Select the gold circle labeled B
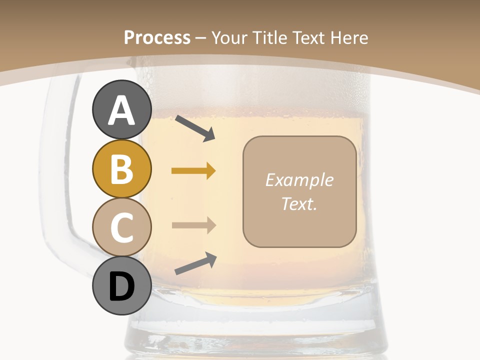[x=121, y=168]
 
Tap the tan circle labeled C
[x=121, y=227]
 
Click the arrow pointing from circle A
[x=195, y=127]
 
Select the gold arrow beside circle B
[x=193, y=171]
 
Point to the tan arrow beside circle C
[x=193, y=225]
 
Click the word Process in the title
[x=157, y=37]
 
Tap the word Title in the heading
[x=269, y=37]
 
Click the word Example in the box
[x=299, y=180]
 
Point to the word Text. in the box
[x=299, y=203]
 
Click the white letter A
[x=121, y=111]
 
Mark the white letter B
[x=121, y=169]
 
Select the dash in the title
[x=201, y=38]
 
